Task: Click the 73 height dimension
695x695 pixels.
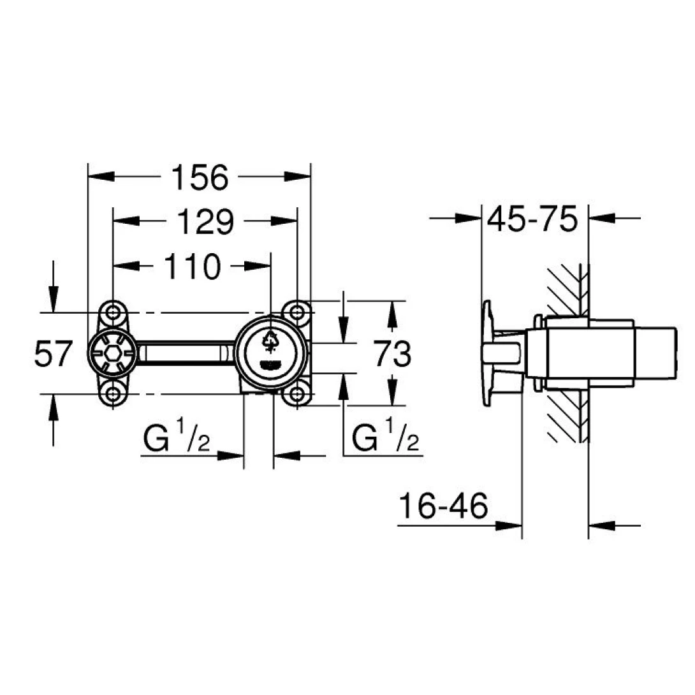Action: click(x=391, y=355)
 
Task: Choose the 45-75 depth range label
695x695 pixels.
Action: click(x=532, y=220)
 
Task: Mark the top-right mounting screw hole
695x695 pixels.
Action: click(x=297, y=312)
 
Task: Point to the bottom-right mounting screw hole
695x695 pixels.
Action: click(x=297, y=394)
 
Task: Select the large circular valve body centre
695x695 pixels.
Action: click(x=270, y=351)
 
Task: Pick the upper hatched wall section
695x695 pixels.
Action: click(x=566, y=287)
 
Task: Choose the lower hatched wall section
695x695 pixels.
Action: click(x=566, y=418)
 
